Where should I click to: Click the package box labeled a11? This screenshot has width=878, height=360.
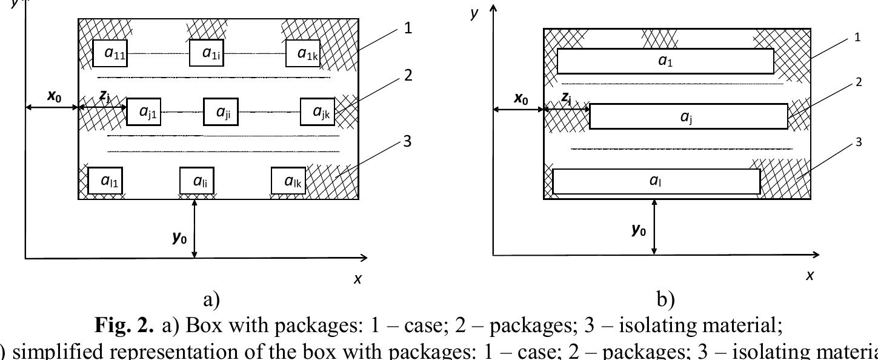click(x=110, y=53)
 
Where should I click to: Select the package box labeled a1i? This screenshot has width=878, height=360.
click(x=207, y=53)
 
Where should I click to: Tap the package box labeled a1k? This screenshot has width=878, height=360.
click(x=302, y=53)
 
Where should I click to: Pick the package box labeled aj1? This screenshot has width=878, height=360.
click(x=144, y=112)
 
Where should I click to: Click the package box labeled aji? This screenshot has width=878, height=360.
click(x=221, y=112)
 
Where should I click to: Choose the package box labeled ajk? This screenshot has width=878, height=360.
click(x=318, y=112)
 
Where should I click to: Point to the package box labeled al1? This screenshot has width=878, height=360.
click(x=105, y=181)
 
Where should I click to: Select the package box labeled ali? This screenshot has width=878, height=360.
click(x=197, y=181)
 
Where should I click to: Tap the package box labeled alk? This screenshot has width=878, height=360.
click(x=288, y=181)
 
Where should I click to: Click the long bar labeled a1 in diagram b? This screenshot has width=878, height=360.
click(x=665, y=61)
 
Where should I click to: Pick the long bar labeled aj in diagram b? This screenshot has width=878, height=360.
click(x=688, y=116)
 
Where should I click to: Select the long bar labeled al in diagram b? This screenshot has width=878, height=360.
click(x=656, y=181)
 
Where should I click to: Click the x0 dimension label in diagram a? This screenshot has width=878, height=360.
click(x=54, y=96)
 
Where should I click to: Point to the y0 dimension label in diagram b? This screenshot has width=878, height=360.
click(x=639, y=230)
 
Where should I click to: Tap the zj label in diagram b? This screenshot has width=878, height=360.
click(x=566, y=98)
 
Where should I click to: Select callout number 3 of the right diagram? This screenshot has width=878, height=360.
click(x=858, y=142)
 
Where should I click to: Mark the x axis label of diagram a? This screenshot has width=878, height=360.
click(x=358, y=279)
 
